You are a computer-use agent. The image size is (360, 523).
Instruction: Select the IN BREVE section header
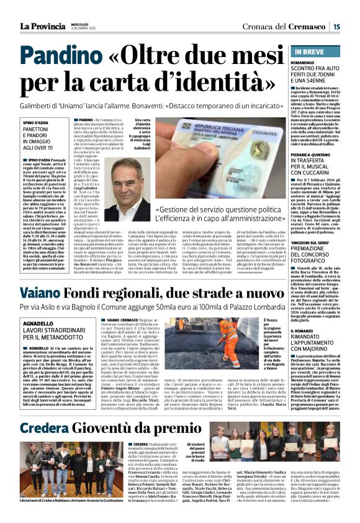coord(305,51)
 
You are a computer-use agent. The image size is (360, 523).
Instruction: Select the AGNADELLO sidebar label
coord(37,324)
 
